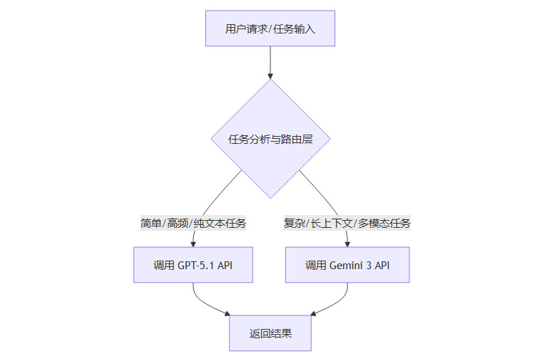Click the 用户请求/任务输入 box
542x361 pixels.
pos(270,28)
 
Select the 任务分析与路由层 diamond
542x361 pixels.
pos(270,139)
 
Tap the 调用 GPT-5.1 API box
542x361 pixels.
pos(193,265)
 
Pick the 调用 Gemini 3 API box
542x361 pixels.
pos(347,265)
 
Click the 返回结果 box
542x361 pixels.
pos(270,333)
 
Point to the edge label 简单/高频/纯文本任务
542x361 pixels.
pos(193,224)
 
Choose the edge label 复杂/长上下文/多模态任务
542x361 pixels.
pos(347,224)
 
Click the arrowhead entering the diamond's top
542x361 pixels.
pos(270,75)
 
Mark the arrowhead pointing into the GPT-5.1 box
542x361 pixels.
pos(193,244)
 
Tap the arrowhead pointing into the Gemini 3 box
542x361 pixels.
pos(347,244)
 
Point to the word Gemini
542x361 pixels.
pos(346,266)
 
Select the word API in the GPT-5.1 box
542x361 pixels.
pos(225,266)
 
